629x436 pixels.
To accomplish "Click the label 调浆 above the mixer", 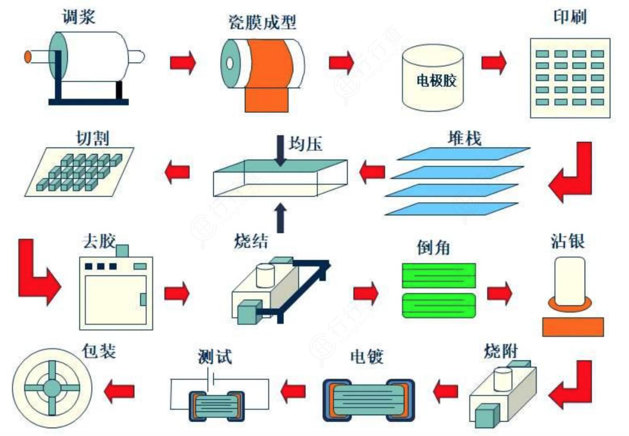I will click(x=79, y=17).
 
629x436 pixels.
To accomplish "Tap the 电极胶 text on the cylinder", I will click(x=436, y=80).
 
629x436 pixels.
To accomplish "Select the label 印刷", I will click(x=570, y=17).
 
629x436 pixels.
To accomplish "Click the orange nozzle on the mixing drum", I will click(x=28, y=56).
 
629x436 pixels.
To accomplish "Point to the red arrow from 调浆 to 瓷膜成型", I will click(x=183, y=63).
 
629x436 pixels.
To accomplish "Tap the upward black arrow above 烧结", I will click(x=281, y=217).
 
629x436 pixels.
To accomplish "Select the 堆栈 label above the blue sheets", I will click(x=464, y=138).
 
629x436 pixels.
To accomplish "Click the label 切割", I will click(x=92, y=138).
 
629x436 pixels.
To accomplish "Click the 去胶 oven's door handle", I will click(x=143, y=299).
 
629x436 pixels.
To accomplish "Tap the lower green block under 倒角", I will click(x=439, y=306).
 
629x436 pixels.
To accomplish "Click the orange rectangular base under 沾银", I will click(x=573, y=327).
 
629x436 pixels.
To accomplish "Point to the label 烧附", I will click(x=501, y=351).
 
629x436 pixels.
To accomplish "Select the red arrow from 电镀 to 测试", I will click(x=293, y=391).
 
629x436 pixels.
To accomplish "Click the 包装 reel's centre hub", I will click(x=52, y=388).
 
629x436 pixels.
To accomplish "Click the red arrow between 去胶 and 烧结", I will click(x=177, y=293).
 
